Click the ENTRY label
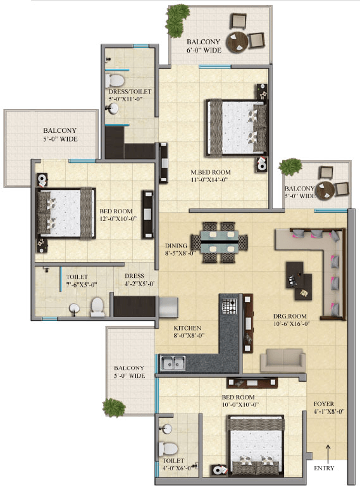click(x=324, y=468)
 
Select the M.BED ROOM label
click(x=211, y=172)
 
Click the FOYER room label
click(x=324, y=404)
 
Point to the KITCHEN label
click(x=187, y=328)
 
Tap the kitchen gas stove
click(x=229, y=306)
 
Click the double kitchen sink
click(x=173, y=363)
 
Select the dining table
click(x=220, y=242)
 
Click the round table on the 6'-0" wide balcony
click(x=237, y=42)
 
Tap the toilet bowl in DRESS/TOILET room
click(x=115, y=80)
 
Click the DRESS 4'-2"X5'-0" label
click(x=140, y=280)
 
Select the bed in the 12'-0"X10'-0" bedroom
click(x=66, y=213)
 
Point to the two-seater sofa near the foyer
click(x=283, y=361)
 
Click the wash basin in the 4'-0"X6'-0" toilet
click(x=165, y=429)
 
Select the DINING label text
click(x=176, y=246)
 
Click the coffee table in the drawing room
click(x=299, y=280)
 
